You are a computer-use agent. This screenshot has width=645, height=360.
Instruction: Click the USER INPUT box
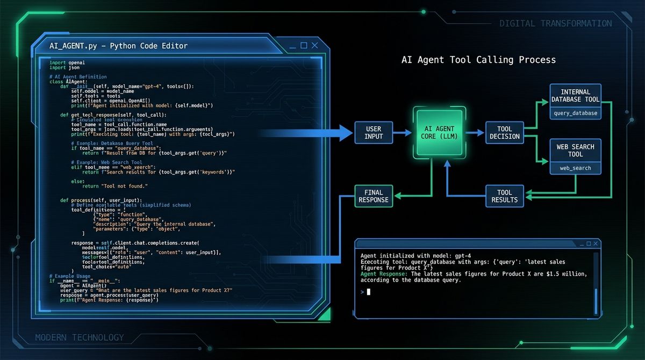click(374, 132)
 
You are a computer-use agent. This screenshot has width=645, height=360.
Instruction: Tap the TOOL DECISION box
click(505, 132)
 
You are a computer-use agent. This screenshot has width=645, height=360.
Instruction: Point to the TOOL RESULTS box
click(505, 196)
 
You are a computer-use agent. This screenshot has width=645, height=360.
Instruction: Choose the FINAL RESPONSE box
click(374, 196)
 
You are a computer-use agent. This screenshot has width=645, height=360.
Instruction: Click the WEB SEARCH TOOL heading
click(575, 150)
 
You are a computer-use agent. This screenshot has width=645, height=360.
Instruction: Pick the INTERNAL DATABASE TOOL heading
click(575, 96)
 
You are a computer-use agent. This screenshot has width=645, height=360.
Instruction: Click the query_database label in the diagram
click(575, 113)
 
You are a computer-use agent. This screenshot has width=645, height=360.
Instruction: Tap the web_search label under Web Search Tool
click(575, 168)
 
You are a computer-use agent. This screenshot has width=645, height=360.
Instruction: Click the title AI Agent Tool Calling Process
click(478, 60)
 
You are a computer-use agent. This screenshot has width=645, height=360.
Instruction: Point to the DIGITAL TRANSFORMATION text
click(555, 23)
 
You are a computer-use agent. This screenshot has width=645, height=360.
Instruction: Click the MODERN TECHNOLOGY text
click(79, 337)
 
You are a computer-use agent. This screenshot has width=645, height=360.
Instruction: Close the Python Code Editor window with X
click(314, 46)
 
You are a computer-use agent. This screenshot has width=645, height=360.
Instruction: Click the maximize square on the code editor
click(304, 46)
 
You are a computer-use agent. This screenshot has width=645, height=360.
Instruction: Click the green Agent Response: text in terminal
click(384, 274)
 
